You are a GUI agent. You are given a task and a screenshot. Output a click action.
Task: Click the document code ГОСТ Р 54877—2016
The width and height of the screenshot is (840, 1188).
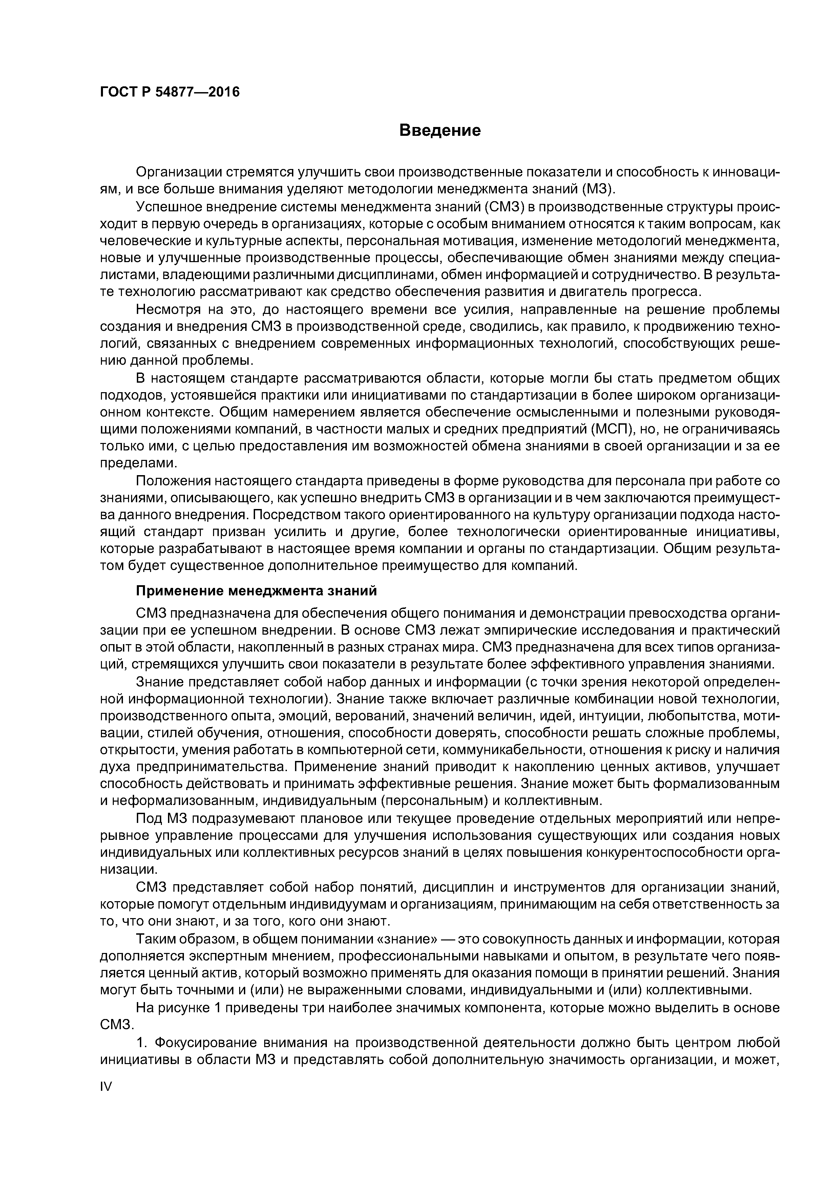[170, 92]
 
